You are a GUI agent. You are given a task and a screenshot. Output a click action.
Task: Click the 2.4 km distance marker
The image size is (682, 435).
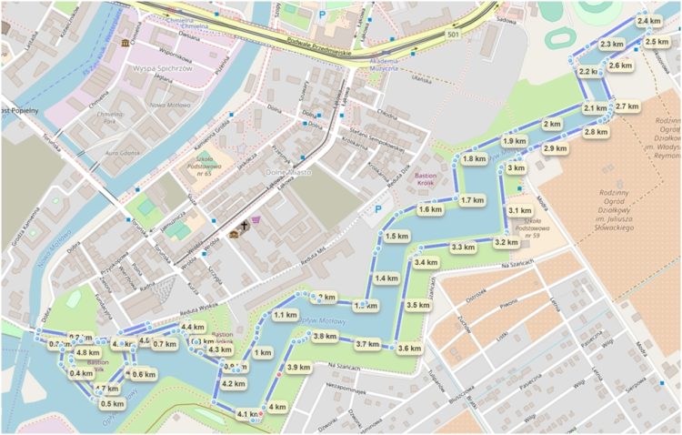tap(648, 21)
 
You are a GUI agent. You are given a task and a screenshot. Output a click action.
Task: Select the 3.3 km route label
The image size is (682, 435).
tap(463, 248)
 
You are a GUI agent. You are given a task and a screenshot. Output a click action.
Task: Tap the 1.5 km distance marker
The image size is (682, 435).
tap(396, 237)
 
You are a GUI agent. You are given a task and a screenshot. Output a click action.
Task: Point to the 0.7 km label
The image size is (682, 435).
tap(165, 344)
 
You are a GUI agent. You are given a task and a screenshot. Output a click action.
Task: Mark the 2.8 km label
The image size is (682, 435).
tap(596, 133)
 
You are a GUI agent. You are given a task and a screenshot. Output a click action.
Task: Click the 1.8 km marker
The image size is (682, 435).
tap(474, 159)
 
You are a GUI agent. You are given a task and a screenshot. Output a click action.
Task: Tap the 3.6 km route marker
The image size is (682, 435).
tap(409, 349)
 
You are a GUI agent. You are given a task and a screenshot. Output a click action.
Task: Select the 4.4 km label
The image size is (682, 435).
tap(192, 328)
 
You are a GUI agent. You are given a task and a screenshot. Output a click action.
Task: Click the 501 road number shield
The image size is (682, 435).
tap(453, 34)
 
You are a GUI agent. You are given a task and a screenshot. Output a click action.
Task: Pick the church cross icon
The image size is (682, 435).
tap(245, 225)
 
